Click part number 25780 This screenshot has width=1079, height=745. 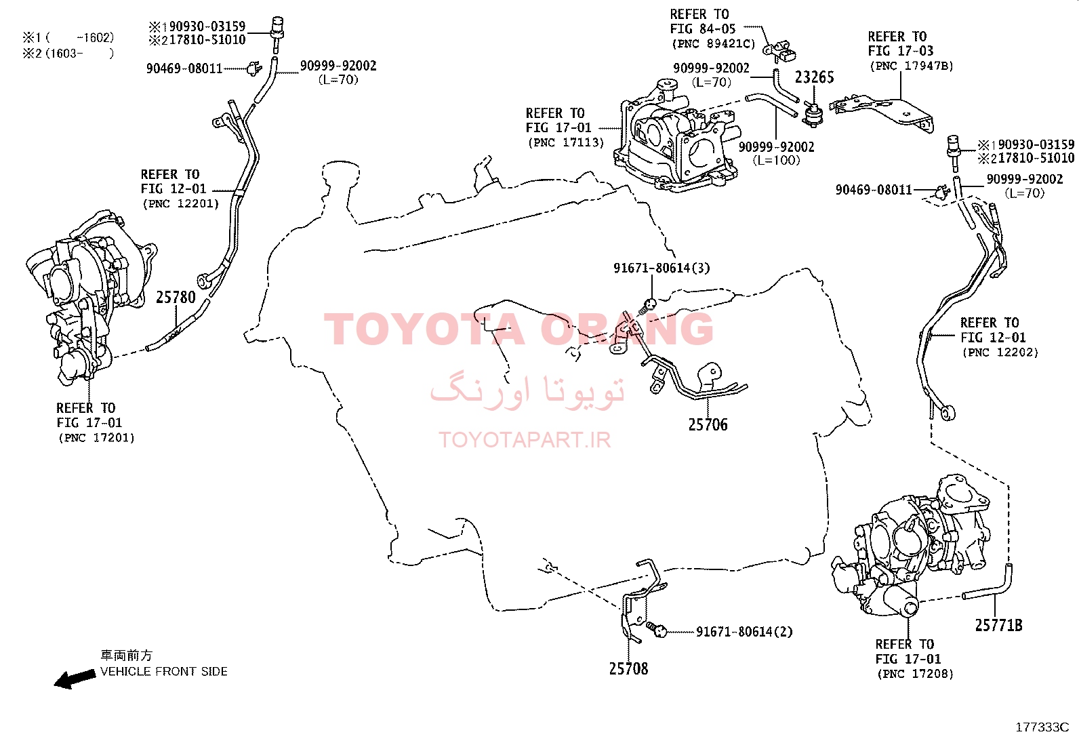(176, 298)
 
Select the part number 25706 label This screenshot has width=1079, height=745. (708, 424)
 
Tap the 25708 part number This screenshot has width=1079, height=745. (628, 668)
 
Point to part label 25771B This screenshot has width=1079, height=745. (998, 625)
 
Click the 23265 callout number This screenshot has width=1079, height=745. (814, 77)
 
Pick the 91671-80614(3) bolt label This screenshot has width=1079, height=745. (661, 268)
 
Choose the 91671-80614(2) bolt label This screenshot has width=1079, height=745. (744, 631)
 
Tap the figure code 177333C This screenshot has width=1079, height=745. (1042, 727)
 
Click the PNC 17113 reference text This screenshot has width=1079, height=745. (566, 142)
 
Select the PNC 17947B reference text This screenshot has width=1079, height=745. (912, 66)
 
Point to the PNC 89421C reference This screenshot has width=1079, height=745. (714, 44)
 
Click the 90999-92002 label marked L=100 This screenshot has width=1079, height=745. (777, 153)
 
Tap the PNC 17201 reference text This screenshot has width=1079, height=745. (96, 438)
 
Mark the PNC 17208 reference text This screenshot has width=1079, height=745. (915, 674)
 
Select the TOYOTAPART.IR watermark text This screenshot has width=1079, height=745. (525, 439)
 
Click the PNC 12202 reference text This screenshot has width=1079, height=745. (1000, 353)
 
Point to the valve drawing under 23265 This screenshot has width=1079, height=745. (813, 115)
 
